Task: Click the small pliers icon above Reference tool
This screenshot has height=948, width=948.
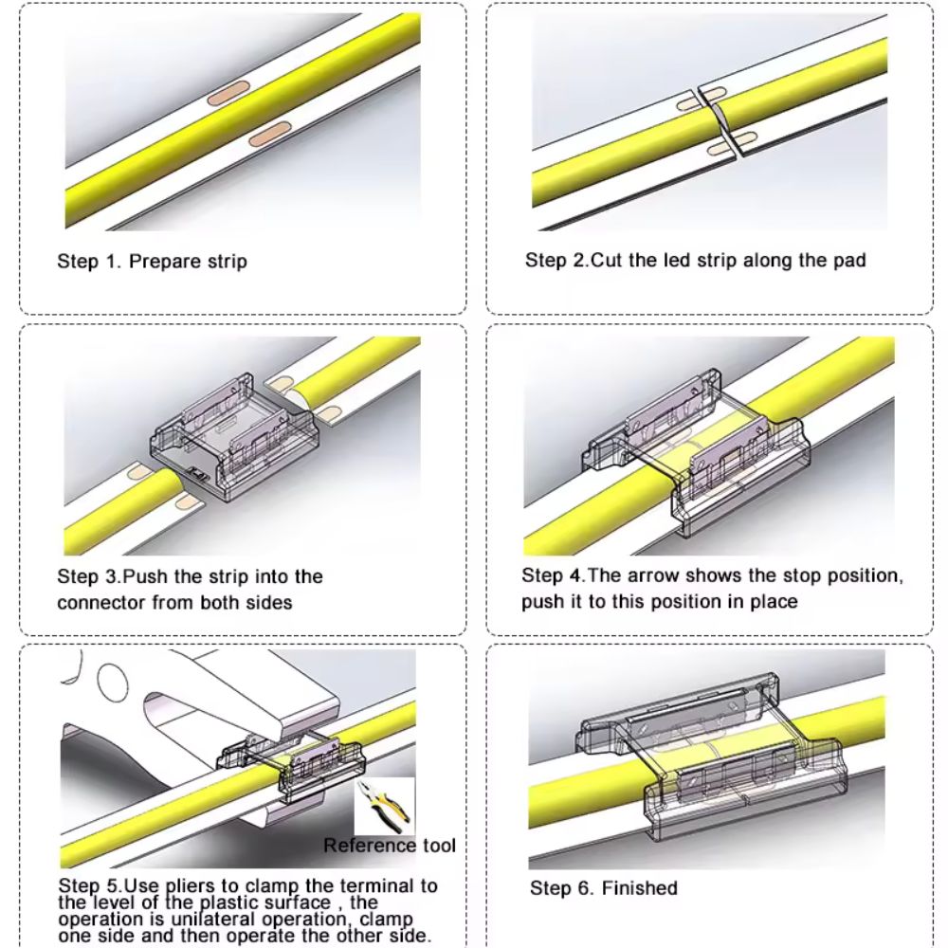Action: click(x=385, y=805)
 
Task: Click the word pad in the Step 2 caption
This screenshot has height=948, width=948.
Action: click(x=850, y=262)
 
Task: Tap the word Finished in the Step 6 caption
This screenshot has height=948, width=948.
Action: click(x=640, y=888)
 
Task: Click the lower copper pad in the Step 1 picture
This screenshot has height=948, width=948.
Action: click(x=270, y=134)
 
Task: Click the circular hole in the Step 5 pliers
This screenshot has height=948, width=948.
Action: click(x=113, y=682)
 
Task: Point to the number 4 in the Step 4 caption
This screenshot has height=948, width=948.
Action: click(x=575, y=575)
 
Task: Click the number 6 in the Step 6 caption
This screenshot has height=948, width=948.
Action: click(x=583, y=888)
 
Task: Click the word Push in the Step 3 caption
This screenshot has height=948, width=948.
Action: click(x=145, y=576)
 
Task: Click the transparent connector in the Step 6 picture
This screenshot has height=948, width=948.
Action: click(x=707, y=756)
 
